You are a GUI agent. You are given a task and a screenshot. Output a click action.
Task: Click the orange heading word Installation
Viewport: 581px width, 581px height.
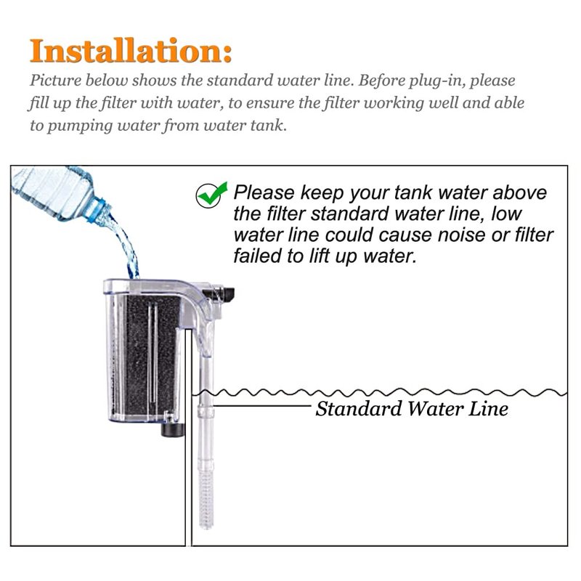coord(131,51)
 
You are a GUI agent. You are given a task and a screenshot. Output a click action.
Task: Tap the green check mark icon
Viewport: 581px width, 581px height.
coord(211,195)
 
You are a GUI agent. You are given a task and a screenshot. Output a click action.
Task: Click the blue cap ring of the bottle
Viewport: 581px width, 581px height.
coord(97,210)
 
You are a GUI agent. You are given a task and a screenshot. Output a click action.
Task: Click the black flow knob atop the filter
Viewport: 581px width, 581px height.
coord(226,294)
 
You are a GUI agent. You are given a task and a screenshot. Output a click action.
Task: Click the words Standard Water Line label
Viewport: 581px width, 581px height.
coord(412,409)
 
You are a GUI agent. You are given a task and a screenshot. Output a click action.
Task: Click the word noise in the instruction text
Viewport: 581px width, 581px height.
coord(461,235)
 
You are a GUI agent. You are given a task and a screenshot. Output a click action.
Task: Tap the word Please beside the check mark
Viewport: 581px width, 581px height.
coord(264,192)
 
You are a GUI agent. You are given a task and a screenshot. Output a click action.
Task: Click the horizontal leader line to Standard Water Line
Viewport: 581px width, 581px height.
coord(263,406)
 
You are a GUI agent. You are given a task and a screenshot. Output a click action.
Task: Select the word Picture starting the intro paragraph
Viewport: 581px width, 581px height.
coord(56,81)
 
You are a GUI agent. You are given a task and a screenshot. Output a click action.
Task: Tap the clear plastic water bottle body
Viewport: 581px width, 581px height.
coord(52,191)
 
